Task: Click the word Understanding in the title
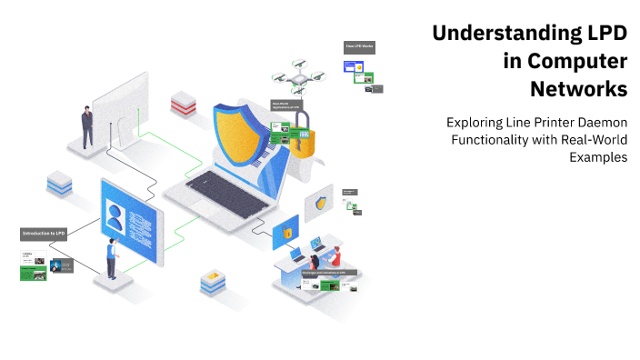pos(491,34)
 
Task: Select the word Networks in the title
pos(578,89)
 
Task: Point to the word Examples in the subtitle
pos(598,156)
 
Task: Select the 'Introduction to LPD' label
pos(45,234)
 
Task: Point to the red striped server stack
pos(184,103)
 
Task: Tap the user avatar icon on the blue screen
pos(115,217)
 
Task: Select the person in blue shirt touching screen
pos(112,258)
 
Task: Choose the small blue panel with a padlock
pos(286,232)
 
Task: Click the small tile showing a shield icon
pos(320,203)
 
